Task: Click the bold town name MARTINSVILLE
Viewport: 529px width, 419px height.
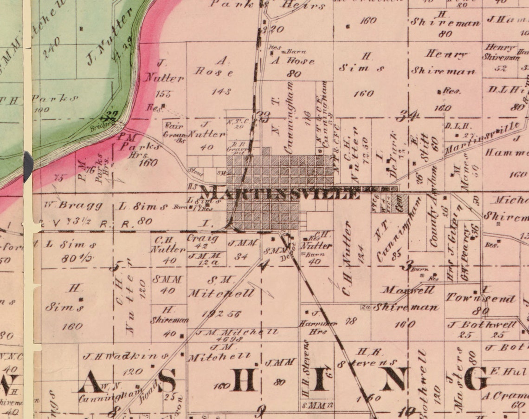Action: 280,192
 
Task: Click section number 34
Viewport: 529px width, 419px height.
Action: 410,115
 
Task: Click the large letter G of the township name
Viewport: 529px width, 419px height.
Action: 475,379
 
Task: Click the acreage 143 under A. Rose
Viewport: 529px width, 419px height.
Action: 221,92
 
